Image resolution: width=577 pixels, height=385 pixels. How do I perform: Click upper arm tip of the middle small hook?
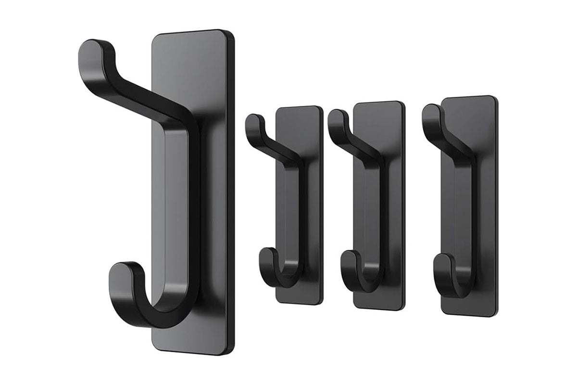click(x=337, y=118)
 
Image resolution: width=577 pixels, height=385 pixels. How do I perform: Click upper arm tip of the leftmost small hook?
click(x=253, y=120)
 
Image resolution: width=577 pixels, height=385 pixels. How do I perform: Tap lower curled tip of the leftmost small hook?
click(x=265, y=255)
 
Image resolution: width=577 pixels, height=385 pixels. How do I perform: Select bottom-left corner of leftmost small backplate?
click(x=278, y=301)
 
